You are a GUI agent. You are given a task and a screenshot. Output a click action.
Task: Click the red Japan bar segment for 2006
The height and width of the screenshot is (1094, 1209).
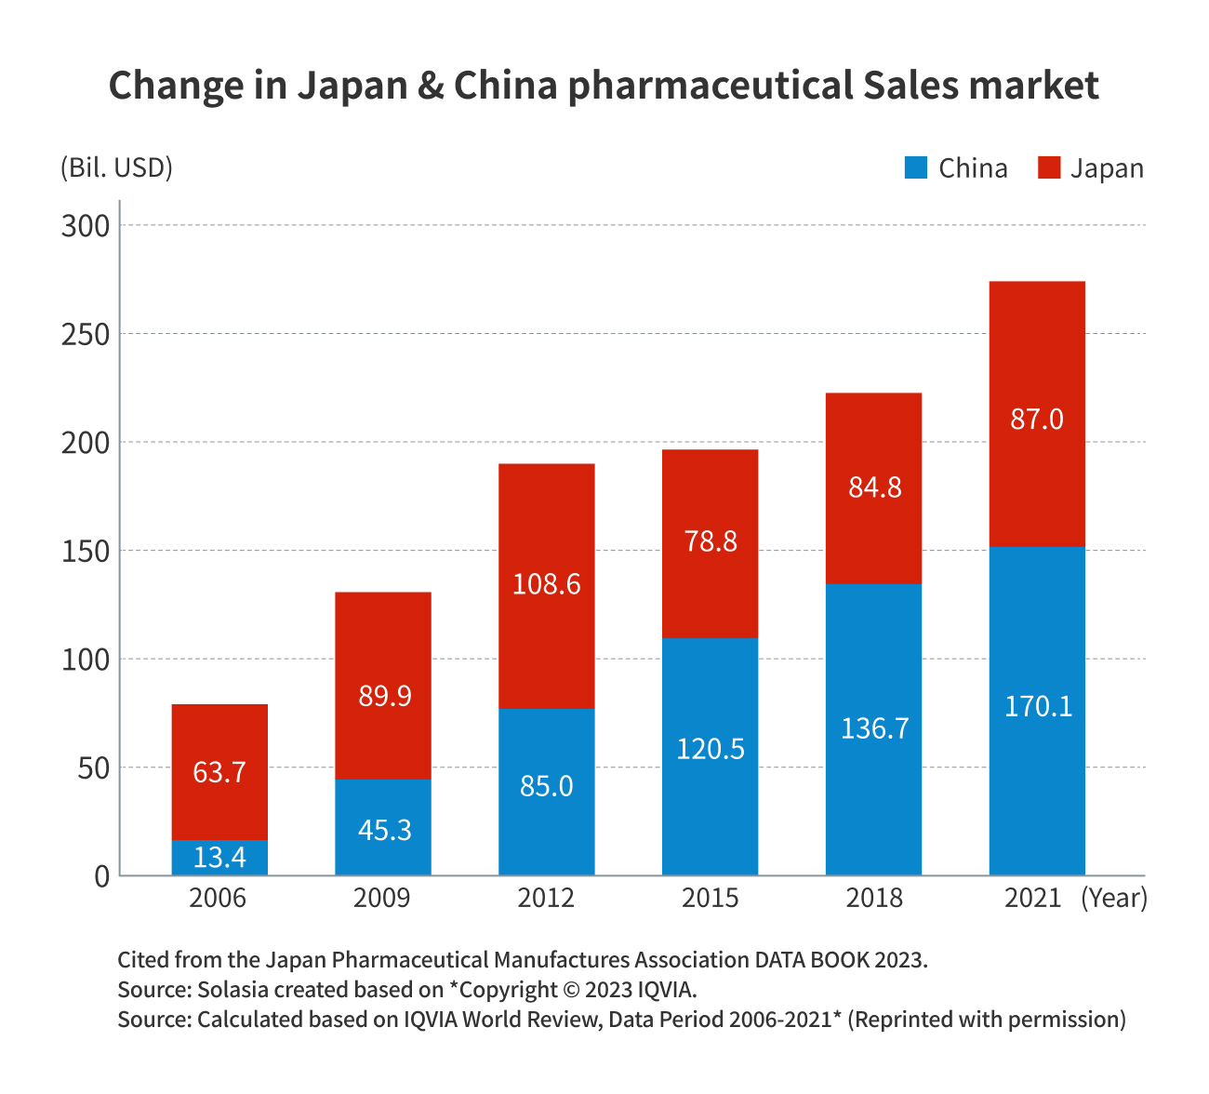[219, 735]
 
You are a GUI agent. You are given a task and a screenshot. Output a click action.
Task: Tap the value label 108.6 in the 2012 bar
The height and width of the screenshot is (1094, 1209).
[547, 584]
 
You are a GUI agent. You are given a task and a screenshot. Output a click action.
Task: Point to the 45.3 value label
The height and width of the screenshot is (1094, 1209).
[384, 830]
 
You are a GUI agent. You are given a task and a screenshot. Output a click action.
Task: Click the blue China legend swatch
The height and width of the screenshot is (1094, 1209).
[916, 168]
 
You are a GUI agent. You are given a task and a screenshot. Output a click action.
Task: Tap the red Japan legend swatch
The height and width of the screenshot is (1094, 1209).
[1049, 168]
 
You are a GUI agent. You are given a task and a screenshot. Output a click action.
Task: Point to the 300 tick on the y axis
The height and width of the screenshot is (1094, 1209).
[86, 226]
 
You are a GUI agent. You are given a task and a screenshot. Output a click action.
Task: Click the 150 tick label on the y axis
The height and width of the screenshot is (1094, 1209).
[86, 551]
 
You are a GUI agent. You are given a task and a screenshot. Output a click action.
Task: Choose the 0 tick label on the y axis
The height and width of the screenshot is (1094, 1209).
[101, 876]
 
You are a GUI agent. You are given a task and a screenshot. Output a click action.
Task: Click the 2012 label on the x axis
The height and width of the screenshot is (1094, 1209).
[546, 898]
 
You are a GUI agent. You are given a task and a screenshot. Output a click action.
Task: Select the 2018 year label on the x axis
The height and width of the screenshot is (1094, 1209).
[873, 898]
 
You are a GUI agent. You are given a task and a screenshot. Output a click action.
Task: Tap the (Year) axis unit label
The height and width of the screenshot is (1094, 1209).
[1114, 898]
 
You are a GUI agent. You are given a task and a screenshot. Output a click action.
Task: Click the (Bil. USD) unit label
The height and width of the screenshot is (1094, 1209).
[116, 168]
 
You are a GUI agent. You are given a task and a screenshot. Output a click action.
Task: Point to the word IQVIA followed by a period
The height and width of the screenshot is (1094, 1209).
[668, 989]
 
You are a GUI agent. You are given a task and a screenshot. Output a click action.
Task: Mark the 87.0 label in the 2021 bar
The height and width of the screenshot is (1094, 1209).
[1037, 420]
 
